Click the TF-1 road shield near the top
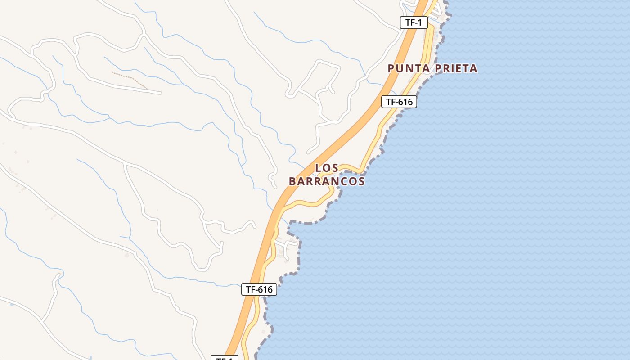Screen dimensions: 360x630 tap(414, 22)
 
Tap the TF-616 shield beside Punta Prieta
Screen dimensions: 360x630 tap(399, 102)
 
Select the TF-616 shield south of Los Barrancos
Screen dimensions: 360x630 tap(259, 289)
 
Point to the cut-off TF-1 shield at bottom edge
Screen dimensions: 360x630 tap(224, 358)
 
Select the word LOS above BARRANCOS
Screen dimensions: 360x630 tap(326, 168)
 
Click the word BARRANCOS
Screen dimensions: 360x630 tap(326, 181)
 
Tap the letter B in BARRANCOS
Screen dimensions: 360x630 tap(292, 181)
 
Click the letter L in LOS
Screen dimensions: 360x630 tap(318, 168)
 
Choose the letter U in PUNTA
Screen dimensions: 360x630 tap(400, 68)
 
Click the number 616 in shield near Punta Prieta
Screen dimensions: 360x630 tap(404, 102)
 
